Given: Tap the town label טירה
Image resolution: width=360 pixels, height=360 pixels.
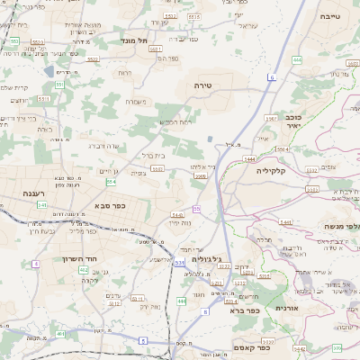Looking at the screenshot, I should tap(202, 85).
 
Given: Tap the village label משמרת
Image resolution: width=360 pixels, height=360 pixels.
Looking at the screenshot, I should tap(135, 102).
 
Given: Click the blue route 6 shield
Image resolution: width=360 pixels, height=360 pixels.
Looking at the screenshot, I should tap(271, 78).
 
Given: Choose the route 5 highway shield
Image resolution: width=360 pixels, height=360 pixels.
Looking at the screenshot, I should tap(143, 339).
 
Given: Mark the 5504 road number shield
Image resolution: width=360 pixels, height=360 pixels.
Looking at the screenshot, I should tap(282, 149).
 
